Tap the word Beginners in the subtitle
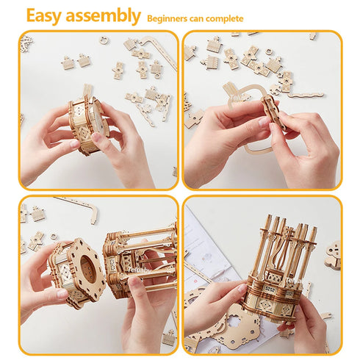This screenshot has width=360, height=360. pyautogui.click(x=168, y=17)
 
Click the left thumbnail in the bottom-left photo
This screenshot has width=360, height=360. pyautogui.click(x=63, y=293)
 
